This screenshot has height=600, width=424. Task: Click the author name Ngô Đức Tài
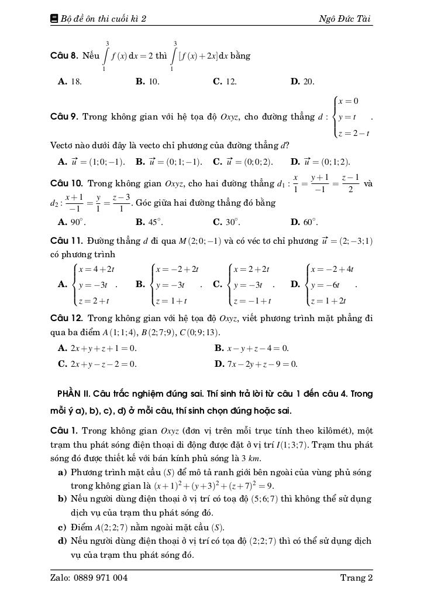pos(345,19)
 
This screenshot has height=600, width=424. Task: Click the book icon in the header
pos(54,19)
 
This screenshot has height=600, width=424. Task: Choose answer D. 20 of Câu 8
pos(303,82)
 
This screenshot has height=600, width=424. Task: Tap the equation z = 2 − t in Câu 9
pos(354,134)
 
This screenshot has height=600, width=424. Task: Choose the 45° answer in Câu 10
pos(150,222)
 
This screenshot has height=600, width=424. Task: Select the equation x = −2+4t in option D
pos(333,270)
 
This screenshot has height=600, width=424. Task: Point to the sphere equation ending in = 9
pos(213,486)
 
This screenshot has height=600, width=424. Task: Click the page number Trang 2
pos(356,578)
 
